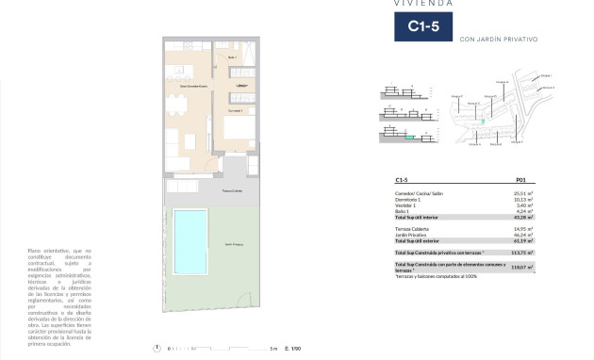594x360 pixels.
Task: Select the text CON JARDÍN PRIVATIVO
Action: pos(499,40)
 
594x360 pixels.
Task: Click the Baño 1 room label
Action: pos(232,57)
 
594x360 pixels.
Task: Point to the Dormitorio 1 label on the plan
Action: pos(234,111)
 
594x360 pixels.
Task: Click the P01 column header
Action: pos(520,179)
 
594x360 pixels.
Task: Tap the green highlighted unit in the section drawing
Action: pos(409,138)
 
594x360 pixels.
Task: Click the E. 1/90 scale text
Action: pos(291,349)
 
